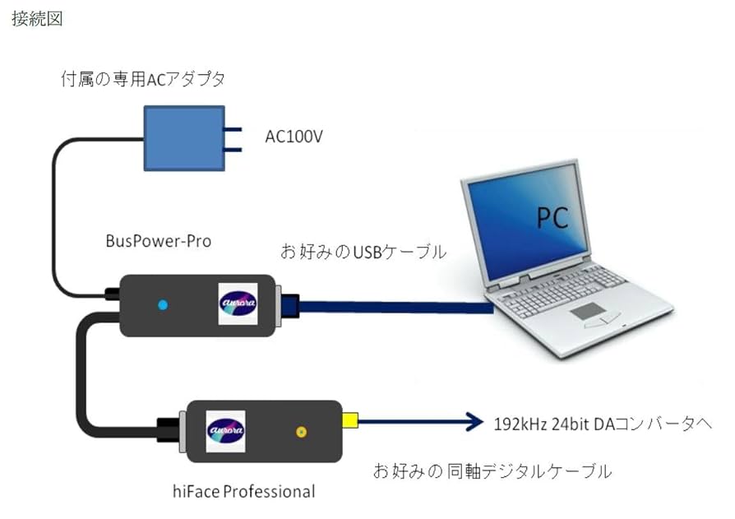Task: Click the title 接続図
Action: click(37, 19)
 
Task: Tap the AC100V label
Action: click(294, 137)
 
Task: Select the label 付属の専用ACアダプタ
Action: click(143, 80)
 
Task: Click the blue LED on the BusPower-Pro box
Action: click(162, 305)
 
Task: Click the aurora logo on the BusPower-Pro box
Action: click(238, 301)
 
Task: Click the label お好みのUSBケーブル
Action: click(364, 252)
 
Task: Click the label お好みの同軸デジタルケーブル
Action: click(492, 471)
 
